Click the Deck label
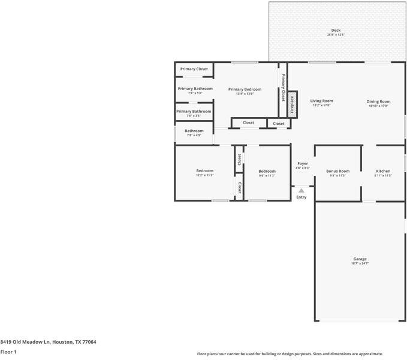pos(336,31)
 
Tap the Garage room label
pos(360,259)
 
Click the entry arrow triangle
pos(301,191)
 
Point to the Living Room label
pos(321,101)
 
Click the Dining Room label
pos(378,101)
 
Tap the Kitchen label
pos(383,171)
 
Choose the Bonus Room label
pos(337,171)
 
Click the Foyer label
pos(303,164)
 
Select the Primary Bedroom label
pos(245,89)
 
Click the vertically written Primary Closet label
pos(283,88)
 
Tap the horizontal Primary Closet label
pos(194,69)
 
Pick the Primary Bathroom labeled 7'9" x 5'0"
pos(195,89)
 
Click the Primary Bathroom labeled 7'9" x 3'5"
pos(194,111)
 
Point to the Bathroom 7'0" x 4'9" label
pos(194,131)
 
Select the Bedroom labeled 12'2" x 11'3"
pos(204,171)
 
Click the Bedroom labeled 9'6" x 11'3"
pos(267,171)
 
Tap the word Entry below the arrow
pos(301,197)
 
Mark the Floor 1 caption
pos(8,352)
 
